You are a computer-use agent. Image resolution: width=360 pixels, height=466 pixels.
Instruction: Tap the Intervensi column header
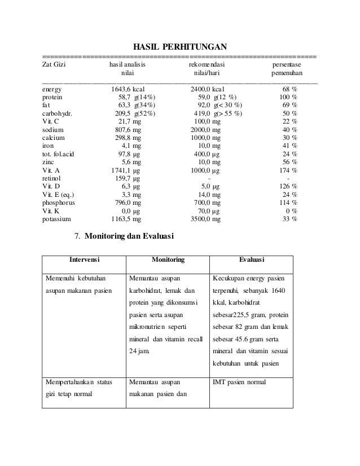(x=85, y=260)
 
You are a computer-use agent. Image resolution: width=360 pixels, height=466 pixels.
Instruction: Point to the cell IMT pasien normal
(x=240, y=383)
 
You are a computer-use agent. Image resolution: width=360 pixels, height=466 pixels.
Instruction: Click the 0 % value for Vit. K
(x=292, y=210)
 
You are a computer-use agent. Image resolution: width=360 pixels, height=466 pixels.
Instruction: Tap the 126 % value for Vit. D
(x=288, y=186)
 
